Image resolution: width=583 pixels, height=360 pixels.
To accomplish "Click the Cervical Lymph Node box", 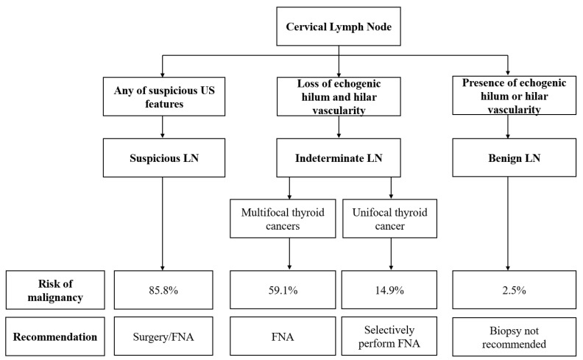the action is (x=339, y=27).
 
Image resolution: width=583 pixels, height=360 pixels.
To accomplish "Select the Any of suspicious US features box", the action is (x=164, y=96).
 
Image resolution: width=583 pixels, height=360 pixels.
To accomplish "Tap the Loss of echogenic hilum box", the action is (x=339, y=96).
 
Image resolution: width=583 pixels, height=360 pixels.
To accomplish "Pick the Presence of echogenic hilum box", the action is (x=515, y=95).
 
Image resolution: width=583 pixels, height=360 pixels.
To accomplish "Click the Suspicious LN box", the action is (x=164, y=158).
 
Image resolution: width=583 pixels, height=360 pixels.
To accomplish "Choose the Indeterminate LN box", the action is (x=339, y=158).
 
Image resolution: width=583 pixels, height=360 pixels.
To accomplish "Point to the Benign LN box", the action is (x=515, y=158).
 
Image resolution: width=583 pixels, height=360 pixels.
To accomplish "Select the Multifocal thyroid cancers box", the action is (x=283, y=219).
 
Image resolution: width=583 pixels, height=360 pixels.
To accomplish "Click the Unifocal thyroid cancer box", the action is (x=389, y=219).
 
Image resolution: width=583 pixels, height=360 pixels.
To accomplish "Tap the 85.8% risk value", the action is (x=163, y=290).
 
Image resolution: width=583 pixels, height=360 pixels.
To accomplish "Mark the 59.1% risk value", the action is (x=283, y=290).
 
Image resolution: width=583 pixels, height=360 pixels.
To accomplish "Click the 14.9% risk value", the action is (x=389, y=290).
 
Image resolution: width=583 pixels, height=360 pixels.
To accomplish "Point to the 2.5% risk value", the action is (x=515, y=290).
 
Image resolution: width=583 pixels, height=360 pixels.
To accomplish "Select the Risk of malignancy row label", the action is (x=55, y=290).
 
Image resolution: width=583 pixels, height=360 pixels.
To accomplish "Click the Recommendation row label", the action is (x=55, y=336).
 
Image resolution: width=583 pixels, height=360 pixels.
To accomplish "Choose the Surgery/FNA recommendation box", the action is (x=163, y=336).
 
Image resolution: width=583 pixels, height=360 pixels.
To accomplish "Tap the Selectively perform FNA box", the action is (x=389, y=336).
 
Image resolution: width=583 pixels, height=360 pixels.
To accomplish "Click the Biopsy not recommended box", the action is (x=515, y=337).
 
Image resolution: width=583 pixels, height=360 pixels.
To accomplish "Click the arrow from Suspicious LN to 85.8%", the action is (x=162, y=224).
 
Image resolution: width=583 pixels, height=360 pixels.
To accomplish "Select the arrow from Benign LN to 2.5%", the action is (x=508, y=224).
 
